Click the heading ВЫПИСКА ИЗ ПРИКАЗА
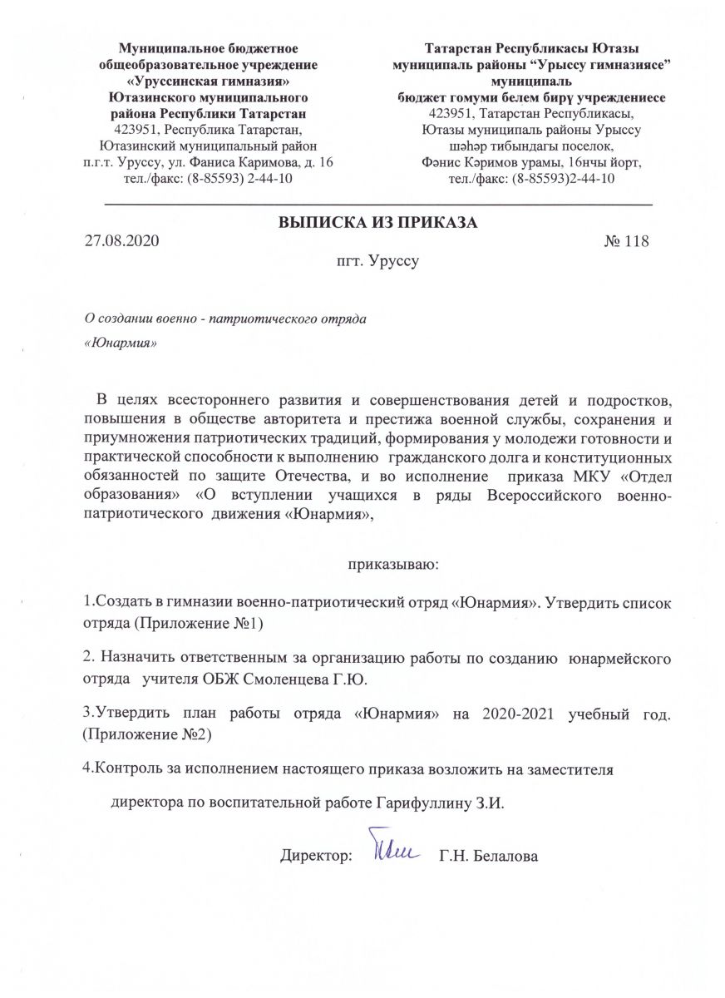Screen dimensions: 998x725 pyautogui.click(x=377, y=223)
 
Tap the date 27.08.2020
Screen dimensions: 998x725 pyautogui.click(x=121, y=242)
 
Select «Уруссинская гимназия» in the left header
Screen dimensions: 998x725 pyautogui.click(x=209, y=82)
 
